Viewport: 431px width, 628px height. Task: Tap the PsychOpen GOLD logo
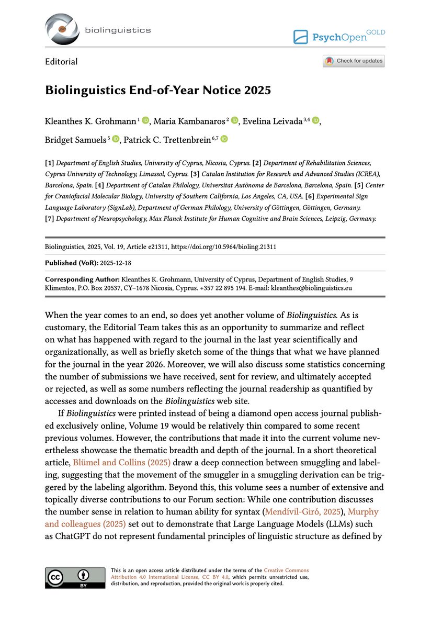pos(338,37)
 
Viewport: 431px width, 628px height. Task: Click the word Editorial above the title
pos(61,62)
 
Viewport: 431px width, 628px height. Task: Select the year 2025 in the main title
pos(256,90)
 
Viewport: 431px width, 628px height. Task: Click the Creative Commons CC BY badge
pos(75,577)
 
